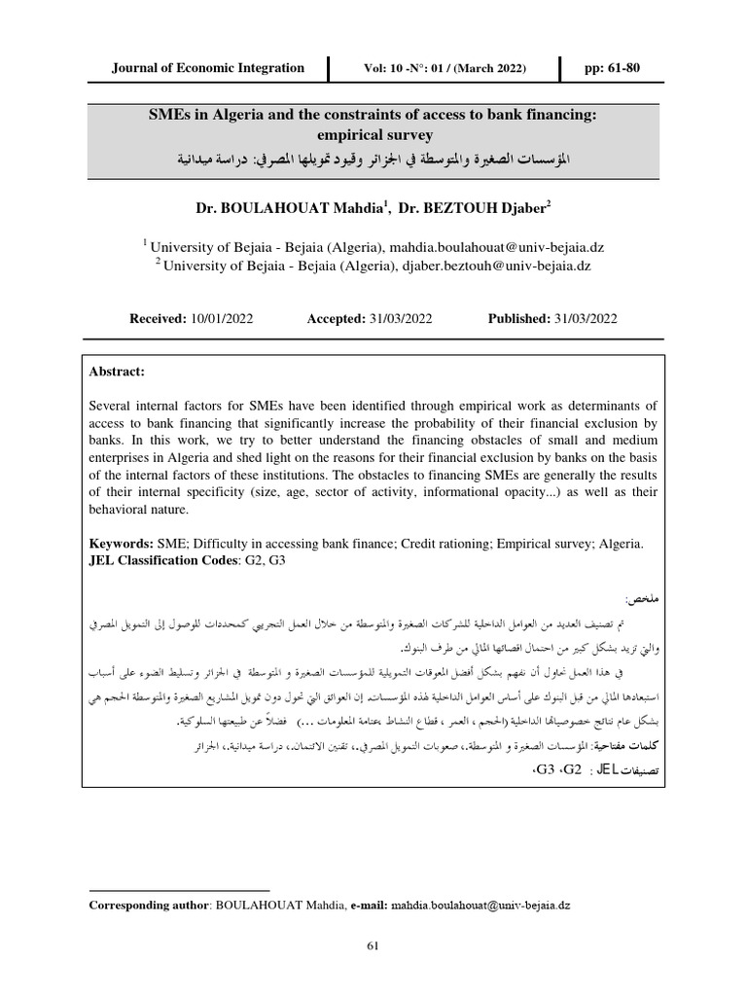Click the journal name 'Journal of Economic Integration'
[x=208, y=69]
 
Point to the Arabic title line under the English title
[x=373, y=158]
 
